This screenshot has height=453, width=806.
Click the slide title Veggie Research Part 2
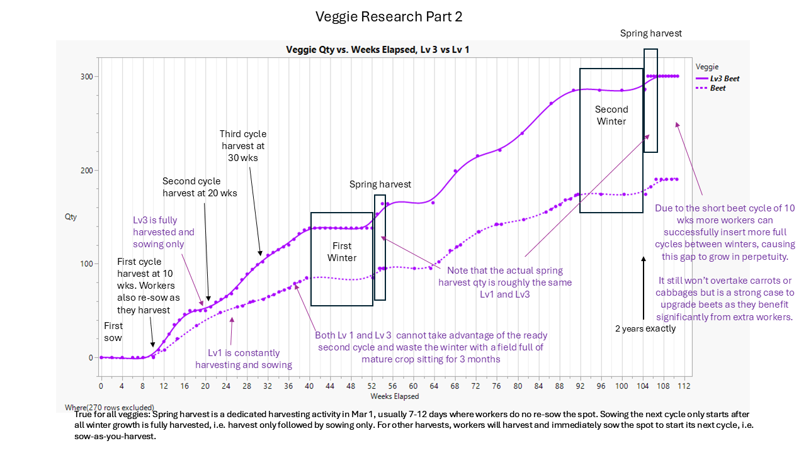point(389,17)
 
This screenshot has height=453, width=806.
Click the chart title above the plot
point(377,50)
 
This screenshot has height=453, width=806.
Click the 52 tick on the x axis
point(372,386)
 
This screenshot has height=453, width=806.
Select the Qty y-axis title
point(71,217)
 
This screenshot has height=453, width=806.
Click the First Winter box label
point(342,252)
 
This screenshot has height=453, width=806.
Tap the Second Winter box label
point(611,115)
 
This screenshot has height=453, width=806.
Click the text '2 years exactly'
point(645,328)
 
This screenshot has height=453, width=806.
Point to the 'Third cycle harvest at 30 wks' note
point(242,145)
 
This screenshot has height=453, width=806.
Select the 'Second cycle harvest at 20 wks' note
point(200,187)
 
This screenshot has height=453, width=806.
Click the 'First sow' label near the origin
point(113,332)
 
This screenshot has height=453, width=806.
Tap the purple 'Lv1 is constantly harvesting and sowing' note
point(243,359)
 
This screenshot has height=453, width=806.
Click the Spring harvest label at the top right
point(650,33)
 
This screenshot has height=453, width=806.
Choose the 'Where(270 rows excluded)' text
point(109,408)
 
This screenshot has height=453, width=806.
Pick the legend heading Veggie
point(707,67)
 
